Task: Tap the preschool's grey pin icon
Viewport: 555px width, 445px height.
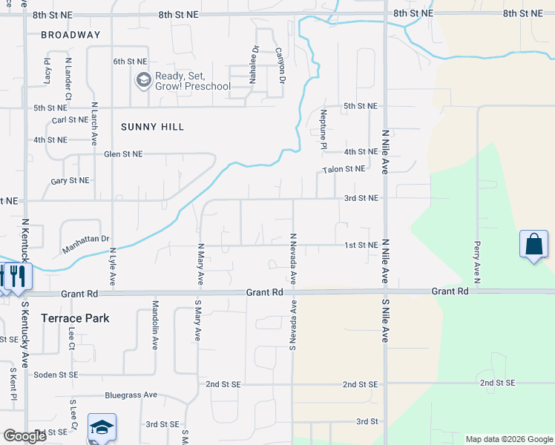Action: pyautogui.click(x=142, y=79)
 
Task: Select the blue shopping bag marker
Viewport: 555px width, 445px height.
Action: pyautogui.click(x=534, y=245)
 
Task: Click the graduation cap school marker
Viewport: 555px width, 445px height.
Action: pyautogui.click(x=102, y=428)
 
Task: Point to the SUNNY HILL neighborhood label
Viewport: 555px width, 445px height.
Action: pyautogui.click(x=152, y=127)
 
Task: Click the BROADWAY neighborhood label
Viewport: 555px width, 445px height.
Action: pyautogui.click(x=70, y=35)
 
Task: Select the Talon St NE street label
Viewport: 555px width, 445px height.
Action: pyautogui.click(x=344, y=169)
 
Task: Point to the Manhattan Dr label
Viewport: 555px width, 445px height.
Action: pyautogui.click(x=86, y=245)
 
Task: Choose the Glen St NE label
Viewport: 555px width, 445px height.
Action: pyautogui.click(x=122, y=154)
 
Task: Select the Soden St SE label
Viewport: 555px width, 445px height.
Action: pyautogui.click(x=56, y=375)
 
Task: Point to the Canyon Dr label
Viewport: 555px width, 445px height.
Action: pyautogui.click(x=280, y=65)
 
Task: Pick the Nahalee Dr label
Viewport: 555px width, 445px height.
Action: pyautogui.click(x=254, y=62)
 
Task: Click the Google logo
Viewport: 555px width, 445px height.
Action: pyautogui.click(x=24, y=436)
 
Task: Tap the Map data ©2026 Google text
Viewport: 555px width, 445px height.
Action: pyautogui.click(x=508, y=439)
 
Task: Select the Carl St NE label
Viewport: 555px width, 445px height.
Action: pyautogui.click(x=70, y=120)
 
